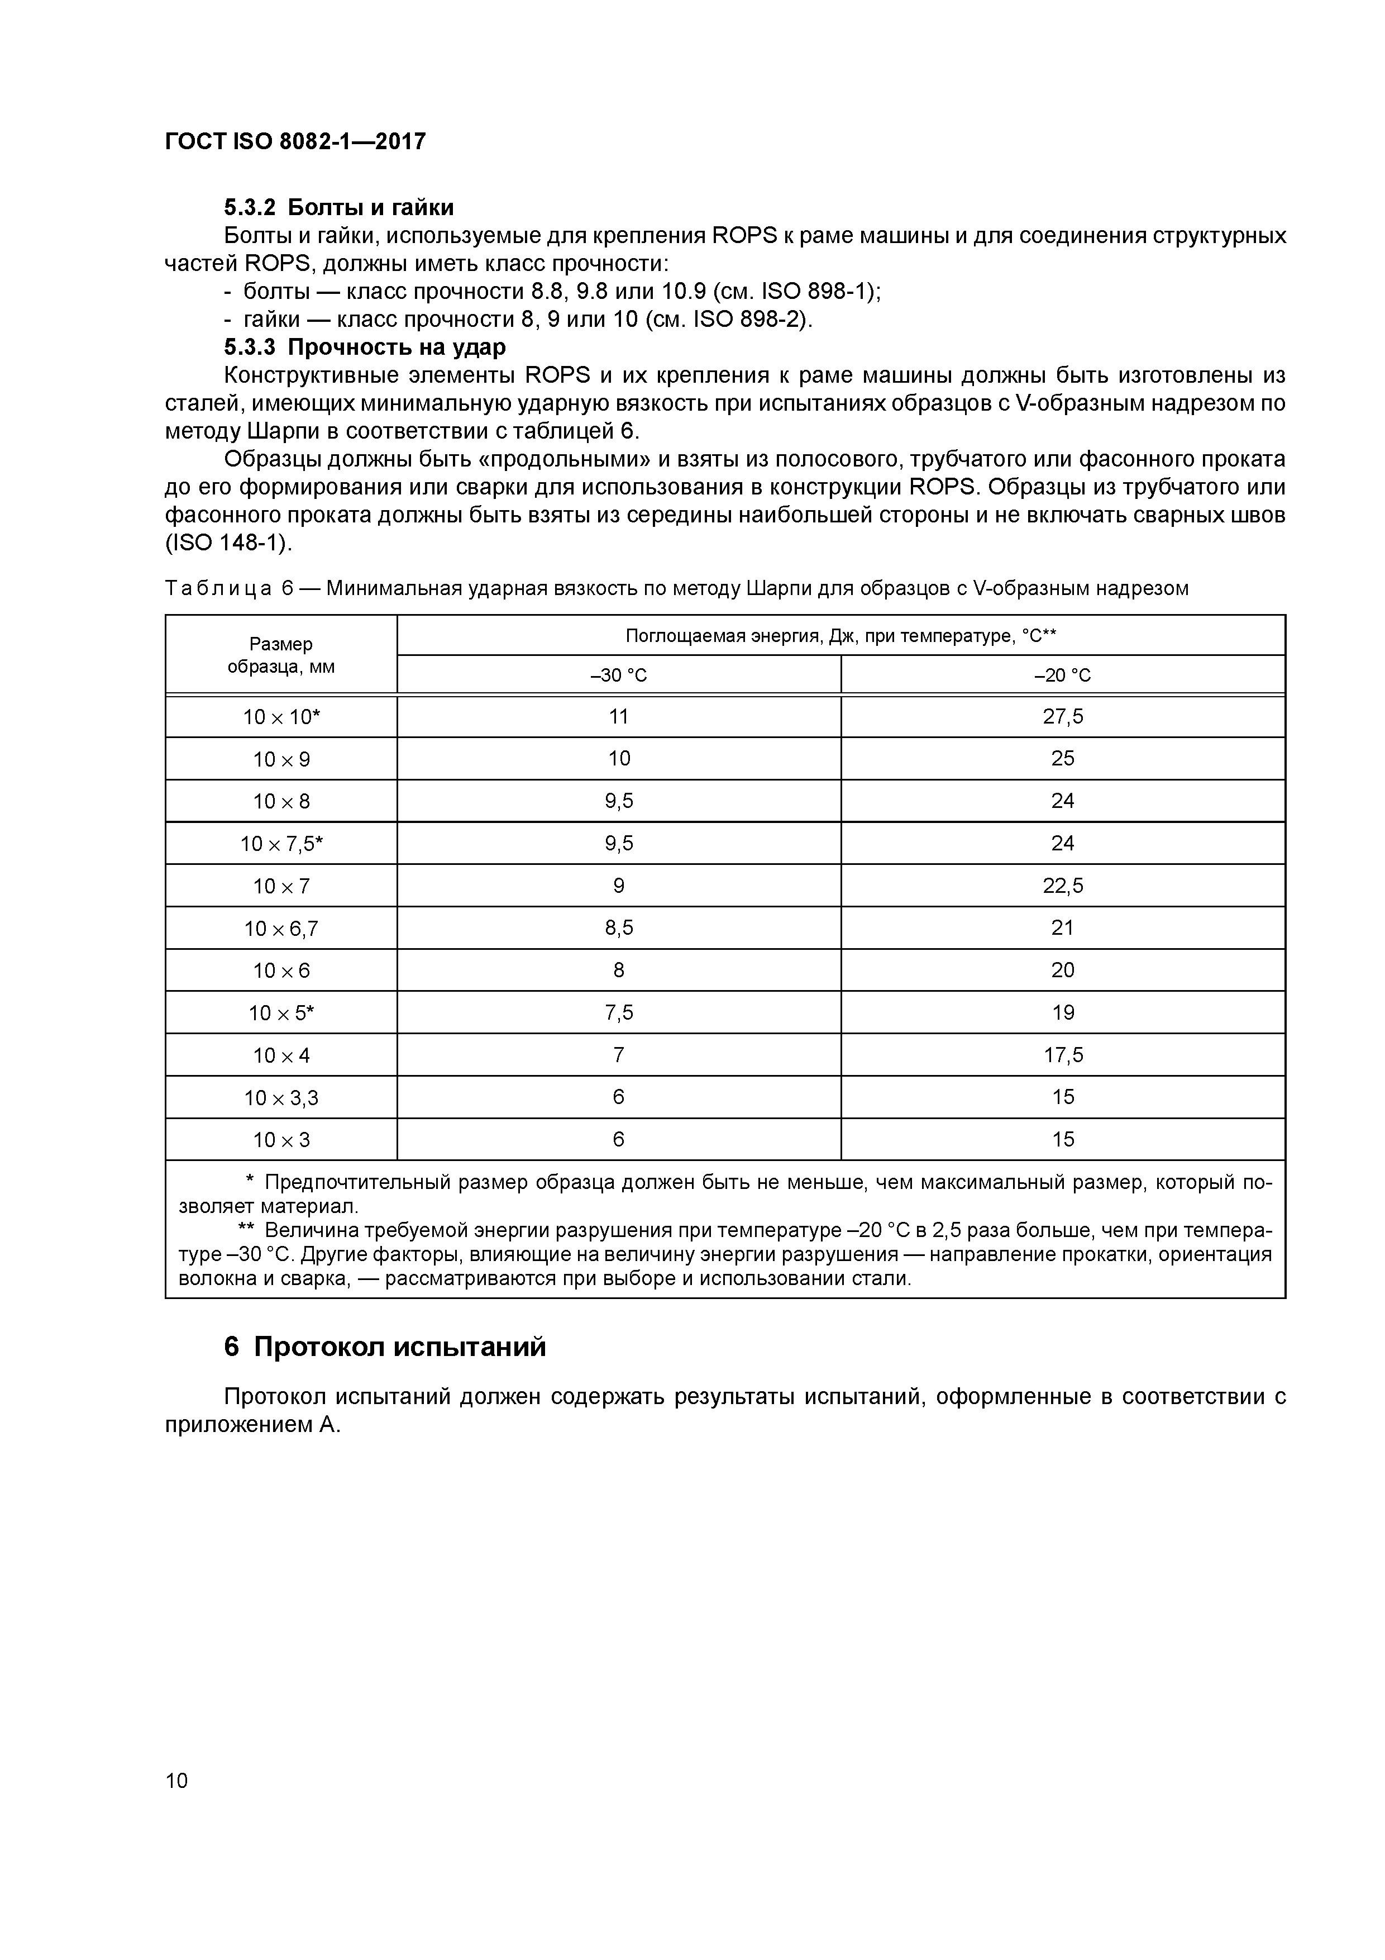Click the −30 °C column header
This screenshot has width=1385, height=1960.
619,675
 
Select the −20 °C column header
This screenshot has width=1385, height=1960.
1062,675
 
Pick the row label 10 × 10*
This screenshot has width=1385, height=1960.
281,717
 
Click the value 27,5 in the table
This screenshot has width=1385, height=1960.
1062,717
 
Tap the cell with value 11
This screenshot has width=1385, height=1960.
619,717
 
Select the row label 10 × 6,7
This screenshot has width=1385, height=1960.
281,929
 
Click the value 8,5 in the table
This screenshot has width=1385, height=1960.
619,928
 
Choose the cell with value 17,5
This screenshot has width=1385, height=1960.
1062,1055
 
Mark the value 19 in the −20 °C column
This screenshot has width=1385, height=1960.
1062,1012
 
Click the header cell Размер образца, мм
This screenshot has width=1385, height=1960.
281,655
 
